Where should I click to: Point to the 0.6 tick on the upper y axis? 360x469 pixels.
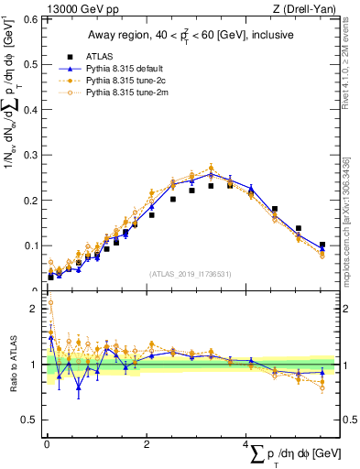(30, 19)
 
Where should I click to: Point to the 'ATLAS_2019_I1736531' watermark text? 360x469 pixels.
(191, 274)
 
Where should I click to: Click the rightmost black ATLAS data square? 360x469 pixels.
(322, 245)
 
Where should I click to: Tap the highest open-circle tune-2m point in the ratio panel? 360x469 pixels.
(50, 302)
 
